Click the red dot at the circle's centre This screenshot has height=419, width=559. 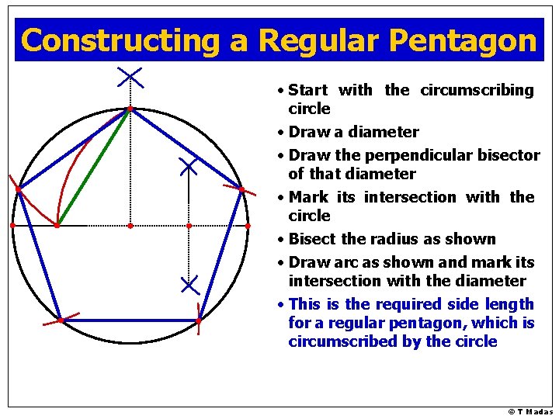click(130, 226)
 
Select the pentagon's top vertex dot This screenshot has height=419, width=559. click(130, 109)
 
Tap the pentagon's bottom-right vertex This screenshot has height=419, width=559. click(199, 320)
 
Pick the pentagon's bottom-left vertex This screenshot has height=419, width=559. click(60, 319)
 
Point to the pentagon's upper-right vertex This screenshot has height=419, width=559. click(241, 189)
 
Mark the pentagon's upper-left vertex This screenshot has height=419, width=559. click(18, 189)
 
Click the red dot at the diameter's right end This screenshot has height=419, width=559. click(248, 226)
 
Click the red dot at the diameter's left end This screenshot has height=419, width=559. click(12, 226)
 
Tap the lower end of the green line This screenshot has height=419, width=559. click(57, 226)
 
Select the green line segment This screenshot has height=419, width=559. click(94, 167)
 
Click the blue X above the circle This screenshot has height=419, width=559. click(130, 76)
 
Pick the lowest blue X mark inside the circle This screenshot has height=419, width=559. click(189, 284)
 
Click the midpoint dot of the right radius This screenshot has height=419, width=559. click(189, 226)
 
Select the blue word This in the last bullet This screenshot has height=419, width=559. click(304, 304)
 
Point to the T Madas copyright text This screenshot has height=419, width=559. click(530, 412)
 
